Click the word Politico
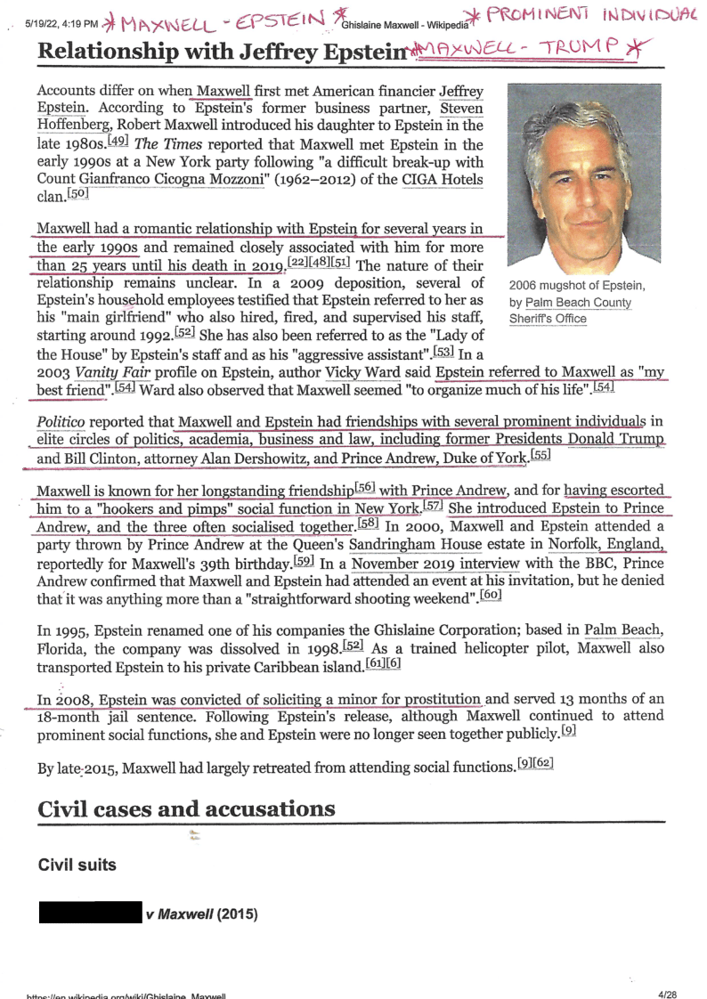tap(61, 421)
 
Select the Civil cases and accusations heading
tap(186, 809)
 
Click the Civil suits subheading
tap(77, 865)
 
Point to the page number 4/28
tap(667, 993)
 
